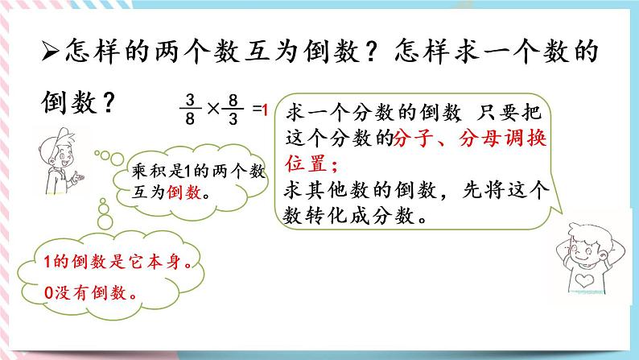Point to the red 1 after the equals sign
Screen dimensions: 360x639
pyautogui.click(x=264, y=108)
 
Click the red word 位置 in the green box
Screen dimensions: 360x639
pyautogui.click(x=306, y=164)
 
